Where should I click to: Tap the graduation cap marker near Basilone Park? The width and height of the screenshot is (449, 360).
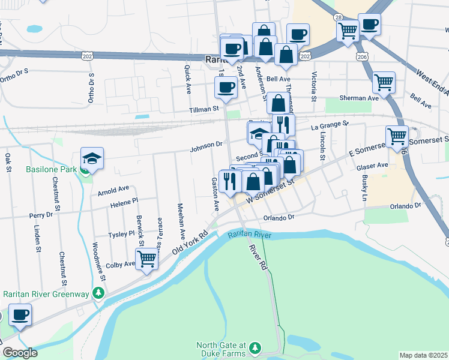click(92, 158)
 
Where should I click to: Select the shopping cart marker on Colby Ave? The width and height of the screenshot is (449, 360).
click(146, 259)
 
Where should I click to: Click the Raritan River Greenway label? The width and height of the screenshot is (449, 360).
click(46, 294)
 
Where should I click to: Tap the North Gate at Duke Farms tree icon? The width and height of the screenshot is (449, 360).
click(255, 347)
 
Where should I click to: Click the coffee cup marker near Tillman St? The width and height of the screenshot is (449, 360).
click(226, 88)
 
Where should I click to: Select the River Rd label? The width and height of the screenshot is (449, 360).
click(259, 257)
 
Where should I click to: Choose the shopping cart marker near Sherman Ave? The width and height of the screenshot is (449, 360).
click(384, 82)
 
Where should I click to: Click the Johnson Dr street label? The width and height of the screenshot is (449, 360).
click(206, 145)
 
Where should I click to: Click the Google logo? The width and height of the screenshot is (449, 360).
click(20, 353)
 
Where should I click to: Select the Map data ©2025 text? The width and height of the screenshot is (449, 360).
click(423, 355)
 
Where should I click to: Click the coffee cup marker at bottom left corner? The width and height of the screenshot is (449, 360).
click(20, 316)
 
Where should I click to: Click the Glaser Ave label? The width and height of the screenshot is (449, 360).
click(372, 166)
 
